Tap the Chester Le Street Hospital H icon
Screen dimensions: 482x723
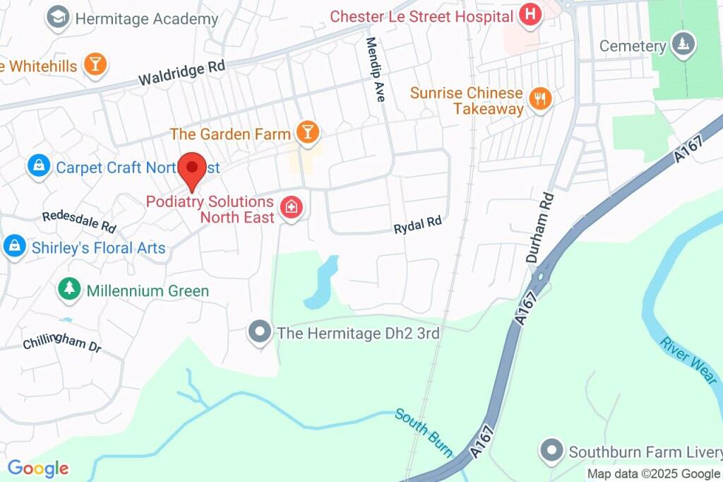pos(530,14)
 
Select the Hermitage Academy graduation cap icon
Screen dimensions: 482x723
pos(56,18)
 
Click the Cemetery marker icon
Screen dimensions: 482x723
pos(683,45)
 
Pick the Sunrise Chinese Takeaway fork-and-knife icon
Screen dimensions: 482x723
pos(540,100)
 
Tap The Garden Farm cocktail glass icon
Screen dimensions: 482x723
pos(307,132)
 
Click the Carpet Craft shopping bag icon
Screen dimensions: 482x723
pos(38,167)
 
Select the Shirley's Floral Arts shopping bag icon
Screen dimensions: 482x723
pos(13,247)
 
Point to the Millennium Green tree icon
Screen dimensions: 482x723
pos(69,289)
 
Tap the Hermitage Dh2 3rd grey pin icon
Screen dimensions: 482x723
pos(261,331)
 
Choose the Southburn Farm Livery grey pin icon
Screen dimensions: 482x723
pos(551,450)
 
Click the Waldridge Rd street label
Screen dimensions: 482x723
pos(181,72)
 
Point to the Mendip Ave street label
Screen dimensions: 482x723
pos(374,69)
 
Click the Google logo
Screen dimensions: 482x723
pos(38,468)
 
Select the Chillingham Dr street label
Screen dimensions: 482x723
pos(62,343)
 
